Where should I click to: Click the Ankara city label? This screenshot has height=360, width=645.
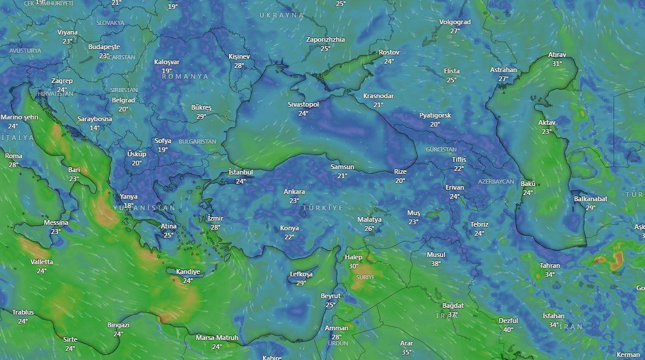294,192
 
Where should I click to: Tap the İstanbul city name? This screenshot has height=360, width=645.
240,173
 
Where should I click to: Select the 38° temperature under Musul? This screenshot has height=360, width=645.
435,264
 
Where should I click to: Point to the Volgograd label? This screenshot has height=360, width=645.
455,22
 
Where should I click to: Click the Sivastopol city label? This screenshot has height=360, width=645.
303,104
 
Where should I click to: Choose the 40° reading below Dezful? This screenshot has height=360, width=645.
508,330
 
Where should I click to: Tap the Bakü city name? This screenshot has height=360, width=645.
528,184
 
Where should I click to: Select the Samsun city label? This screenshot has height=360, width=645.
342,167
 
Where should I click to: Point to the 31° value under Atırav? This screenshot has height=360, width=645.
557,64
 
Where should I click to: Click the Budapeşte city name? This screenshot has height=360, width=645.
104,47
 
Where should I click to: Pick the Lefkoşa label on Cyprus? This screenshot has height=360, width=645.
301,275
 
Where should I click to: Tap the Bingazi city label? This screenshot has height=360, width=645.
118,325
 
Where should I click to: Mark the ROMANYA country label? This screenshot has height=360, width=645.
185,77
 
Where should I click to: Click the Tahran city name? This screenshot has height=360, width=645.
550,265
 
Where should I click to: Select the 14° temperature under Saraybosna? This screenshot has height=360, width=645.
94,128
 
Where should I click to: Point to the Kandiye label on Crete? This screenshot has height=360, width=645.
188,272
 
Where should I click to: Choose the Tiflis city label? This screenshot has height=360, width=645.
459,160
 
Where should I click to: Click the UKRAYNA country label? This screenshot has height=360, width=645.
282,15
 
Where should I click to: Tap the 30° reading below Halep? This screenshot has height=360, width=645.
354,266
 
